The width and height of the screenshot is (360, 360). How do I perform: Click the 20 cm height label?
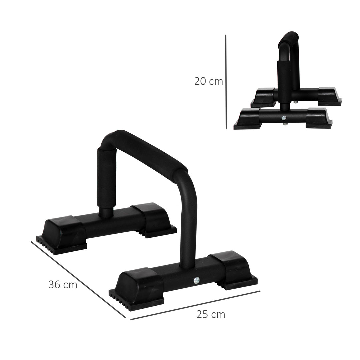208,81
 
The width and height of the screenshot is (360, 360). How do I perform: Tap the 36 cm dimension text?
63,285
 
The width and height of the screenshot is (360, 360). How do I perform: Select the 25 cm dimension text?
210,314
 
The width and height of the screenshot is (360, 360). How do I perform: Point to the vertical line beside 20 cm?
226,82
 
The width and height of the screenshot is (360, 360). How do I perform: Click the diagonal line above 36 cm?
78,279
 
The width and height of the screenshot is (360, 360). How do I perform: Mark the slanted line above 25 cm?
195,305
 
